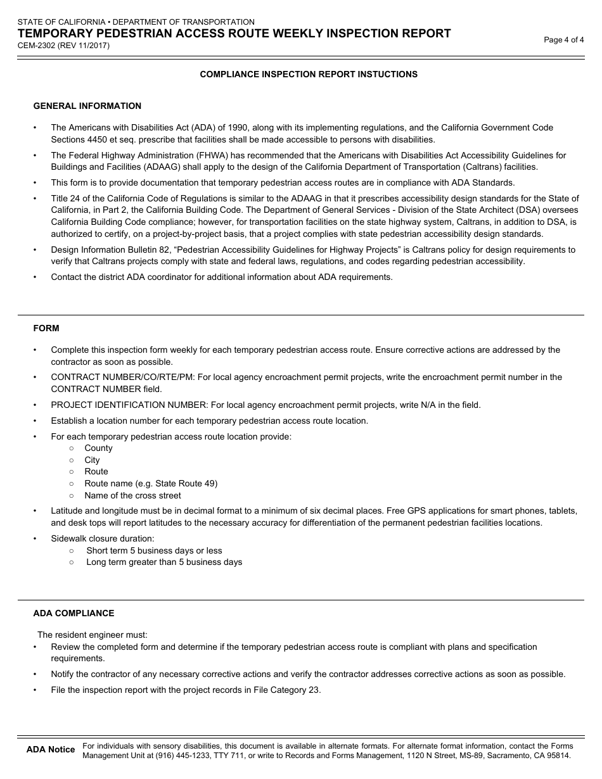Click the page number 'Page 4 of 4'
coord(563,40)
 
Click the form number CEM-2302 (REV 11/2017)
coord(63,45)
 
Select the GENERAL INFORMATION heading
coord(87,106)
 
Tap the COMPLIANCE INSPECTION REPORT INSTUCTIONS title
coord(309,74)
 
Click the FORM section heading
coord(46,328)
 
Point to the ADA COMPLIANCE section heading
coord(74,613)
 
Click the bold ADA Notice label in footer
coord(51,750)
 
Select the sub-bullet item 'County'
coord(98,448)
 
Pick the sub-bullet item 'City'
coord(92,460)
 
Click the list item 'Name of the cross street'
coord(132,495)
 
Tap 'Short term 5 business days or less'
coord(154,550)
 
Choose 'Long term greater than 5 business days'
coord(164,562)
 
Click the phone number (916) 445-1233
coord(156,756)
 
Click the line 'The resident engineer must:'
coord(93,635)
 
